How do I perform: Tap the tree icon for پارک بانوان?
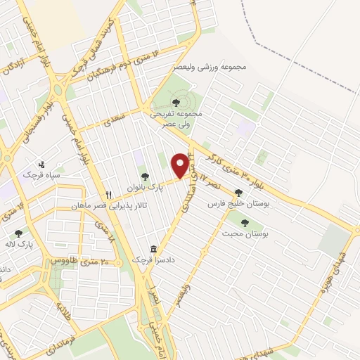click(145, 177)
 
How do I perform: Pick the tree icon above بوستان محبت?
click(245, 223)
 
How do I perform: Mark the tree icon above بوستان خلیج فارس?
click(238, 191)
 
